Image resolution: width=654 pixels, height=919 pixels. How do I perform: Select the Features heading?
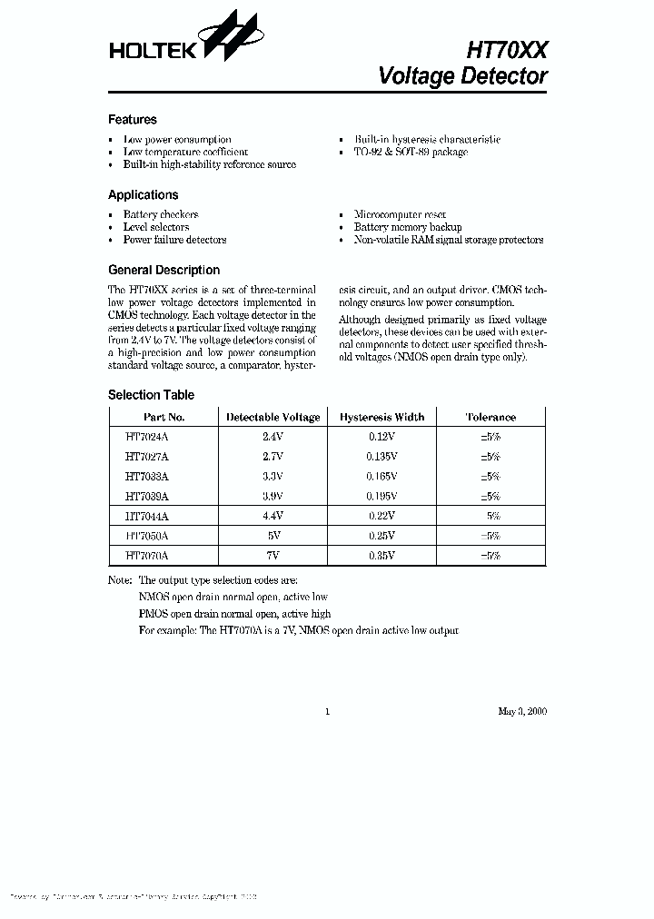tap(133, 119)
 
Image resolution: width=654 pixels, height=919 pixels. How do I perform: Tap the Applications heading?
tap(143, 194)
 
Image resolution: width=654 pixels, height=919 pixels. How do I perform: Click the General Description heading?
tap(163, 270)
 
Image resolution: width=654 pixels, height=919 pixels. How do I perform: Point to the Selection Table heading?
tap(151, 395)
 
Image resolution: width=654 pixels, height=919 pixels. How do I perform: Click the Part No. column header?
tap(164, 417)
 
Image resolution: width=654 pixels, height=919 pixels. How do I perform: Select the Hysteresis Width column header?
tap(381, 417)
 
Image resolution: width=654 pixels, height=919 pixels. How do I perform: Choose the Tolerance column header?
tap(490, 417)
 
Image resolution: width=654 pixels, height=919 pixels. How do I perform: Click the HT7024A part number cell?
tap(147, 436)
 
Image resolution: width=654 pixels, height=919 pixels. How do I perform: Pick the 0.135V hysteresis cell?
tap(381, 456)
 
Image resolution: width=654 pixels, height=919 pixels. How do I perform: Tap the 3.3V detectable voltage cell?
tap(272, 476)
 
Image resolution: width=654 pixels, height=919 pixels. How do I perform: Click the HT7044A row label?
tap(147, 515)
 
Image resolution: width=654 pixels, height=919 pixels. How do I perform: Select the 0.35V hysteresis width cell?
tap(381, 555)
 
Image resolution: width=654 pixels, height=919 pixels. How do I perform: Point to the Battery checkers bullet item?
tap(161, 214)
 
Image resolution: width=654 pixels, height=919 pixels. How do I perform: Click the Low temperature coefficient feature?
tap(185, 152)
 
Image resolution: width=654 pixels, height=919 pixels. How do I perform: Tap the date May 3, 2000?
tap(522, 711)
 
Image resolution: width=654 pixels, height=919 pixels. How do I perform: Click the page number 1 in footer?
tap(327, 711)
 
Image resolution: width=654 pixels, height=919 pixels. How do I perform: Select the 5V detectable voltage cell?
tap(272, 535)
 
